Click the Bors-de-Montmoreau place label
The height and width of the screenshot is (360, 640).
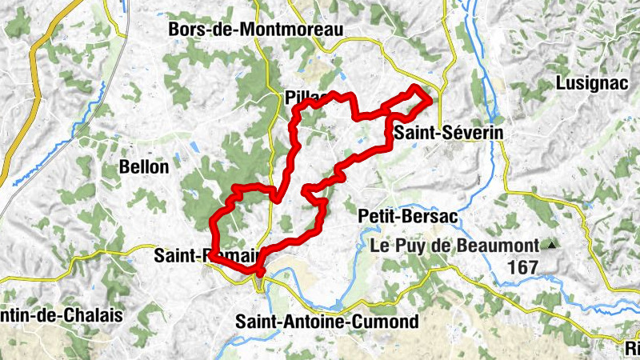point(255,30)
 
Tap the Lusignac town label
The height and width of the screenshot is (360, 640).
point(590,83)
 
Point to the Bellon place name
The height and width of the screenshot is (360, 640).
point(143,167)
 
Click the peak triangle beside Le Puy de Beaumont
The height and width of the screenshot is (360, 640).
point(551,244)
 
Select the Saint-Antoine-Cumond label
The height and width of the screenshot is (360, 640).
point(327,322)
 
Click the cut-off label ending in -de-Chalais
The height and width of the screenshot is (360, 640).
point(62,315)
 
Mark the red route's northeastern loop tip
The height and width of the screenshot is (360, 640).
point(429,98)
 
